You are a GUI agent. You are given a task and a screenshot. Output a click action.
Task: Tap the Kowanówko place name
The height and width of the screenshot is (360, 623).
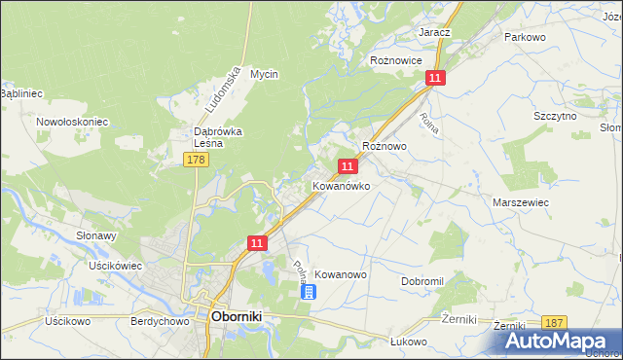point(341,186)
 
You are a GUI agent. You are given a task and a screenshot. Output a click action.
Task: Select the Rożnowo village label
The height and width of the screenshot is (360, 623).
point(384,145)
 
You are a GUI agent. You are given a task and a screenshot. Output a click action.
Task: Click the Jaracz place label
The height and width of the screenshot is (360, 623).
point(434,32)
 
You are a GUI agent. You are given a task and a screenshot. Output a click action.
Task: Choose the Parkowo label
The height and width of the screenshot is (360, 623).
point(523,37)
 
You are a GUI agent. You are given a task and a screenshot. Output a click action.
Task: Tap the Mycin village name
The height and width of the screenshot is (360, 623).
point(264,74)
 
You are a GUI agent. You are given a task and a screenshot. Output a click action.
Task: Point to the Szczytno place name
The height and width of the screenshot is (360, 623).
point(556,116)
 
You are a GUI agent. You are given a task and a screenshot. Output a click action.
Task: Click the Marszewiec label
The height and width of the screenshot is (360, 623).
point(522,202)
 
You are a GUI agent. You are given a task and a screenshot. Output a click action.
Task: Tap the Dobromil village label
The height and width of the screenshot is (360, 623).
point(421,281)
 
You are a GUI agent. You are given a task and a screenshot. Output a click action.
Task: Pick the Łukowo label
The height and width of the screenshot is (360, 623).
point(409,342)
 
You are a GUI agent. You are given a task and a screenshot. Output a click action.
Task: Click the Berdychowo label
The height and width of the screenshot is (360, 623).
point(158,320)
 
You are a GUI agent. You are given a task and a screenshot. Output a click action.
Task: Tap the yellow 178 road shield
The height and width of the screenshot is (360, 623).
point(196,159)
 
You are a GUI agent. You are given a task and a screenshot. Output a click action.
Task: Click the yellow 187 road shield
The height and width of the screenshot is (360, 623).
point(555,322)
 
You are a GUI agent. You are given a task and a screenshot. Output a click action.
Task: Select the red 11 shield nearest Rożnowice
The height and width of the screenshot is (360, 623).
point(435,78)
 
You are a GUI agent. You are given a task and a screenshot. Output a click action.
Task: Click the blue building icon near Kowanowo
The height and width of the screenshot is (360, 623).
point(308,291)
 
